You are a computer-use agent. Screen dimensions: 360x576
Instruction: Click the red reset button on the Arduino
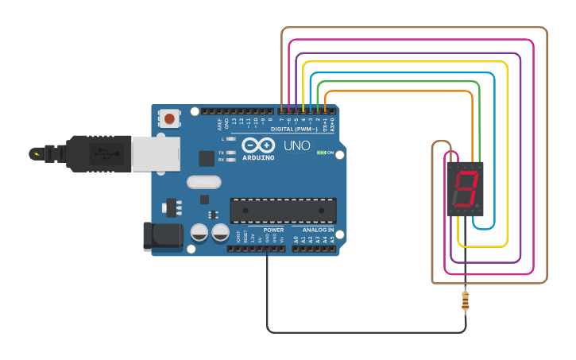click(x=168, y=119)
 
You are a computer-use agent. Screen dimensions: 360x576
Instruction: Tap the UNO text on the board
click(x=296, y=146)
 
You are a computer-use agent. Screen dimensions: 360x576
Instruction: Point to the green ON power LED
click(x=320, y=153)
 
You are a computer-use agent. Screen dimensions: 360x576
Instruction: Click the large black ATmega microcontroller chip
click(x=282, y=211)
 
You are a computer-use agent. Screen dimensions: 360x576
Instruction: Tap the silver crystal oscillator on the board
click(x=203, y=182)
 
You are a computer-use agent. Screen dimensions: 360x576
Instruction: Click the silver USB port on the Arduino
click(x=153, y=153)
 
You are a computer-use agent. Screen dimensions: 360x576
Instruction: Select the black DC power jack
click(x=161, y=237)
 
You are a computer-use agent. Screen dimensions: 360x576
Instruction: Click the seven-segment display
click(x=465, y=189)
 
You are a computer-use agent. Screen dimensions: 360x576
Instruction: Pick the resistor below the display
click(x=465, y=300)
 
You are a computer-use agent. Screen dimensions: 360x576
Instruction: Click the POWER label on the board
click(x=273, y=230)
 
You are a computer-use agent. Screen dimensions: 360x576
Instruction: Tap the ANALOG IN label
click(x=318, y=230)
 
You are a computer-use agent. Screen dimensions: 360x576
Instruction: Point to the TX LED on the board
click(x=230, y=152)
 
